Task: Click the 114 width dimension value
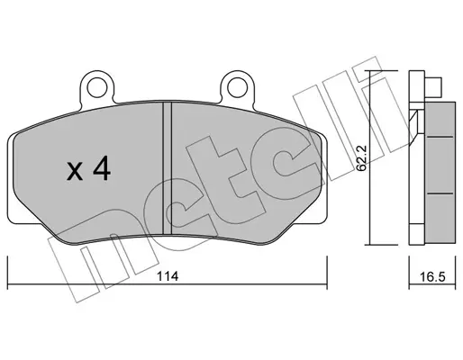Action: (168, 276)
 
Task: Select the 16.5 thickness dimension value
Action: (432, 277)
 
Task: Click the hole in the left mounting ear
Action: (96, 87)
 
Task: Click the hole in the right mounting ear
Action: (237, 87)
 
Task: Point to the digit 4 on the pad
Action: (102, 169)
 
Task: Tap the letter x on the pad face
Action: (75, 172)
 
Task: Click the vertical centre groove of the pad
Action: (167, 168)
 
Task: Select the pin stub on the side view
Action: (433, 87)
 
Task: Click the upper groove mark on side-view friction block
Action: (440, 137)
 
